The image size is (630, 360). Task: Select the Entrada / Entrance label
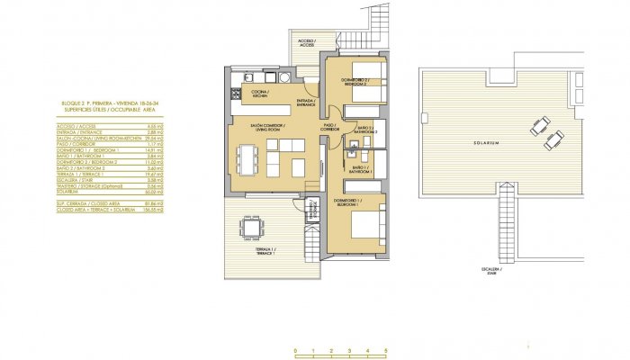pos(306,101)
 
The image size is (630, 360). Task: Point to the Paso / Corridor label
pos(329,127)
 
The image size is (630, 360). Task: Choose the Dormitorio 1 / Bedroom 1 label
pos(346,202)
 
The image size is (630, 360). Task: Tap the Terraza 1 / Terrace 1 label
pos(262,252)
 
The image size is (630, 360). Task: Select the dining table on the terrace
pos(251,226)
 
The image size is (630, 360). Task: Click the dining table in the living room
pos(247,159)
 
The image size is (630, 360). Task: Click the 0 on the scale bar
pos(296,349)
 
